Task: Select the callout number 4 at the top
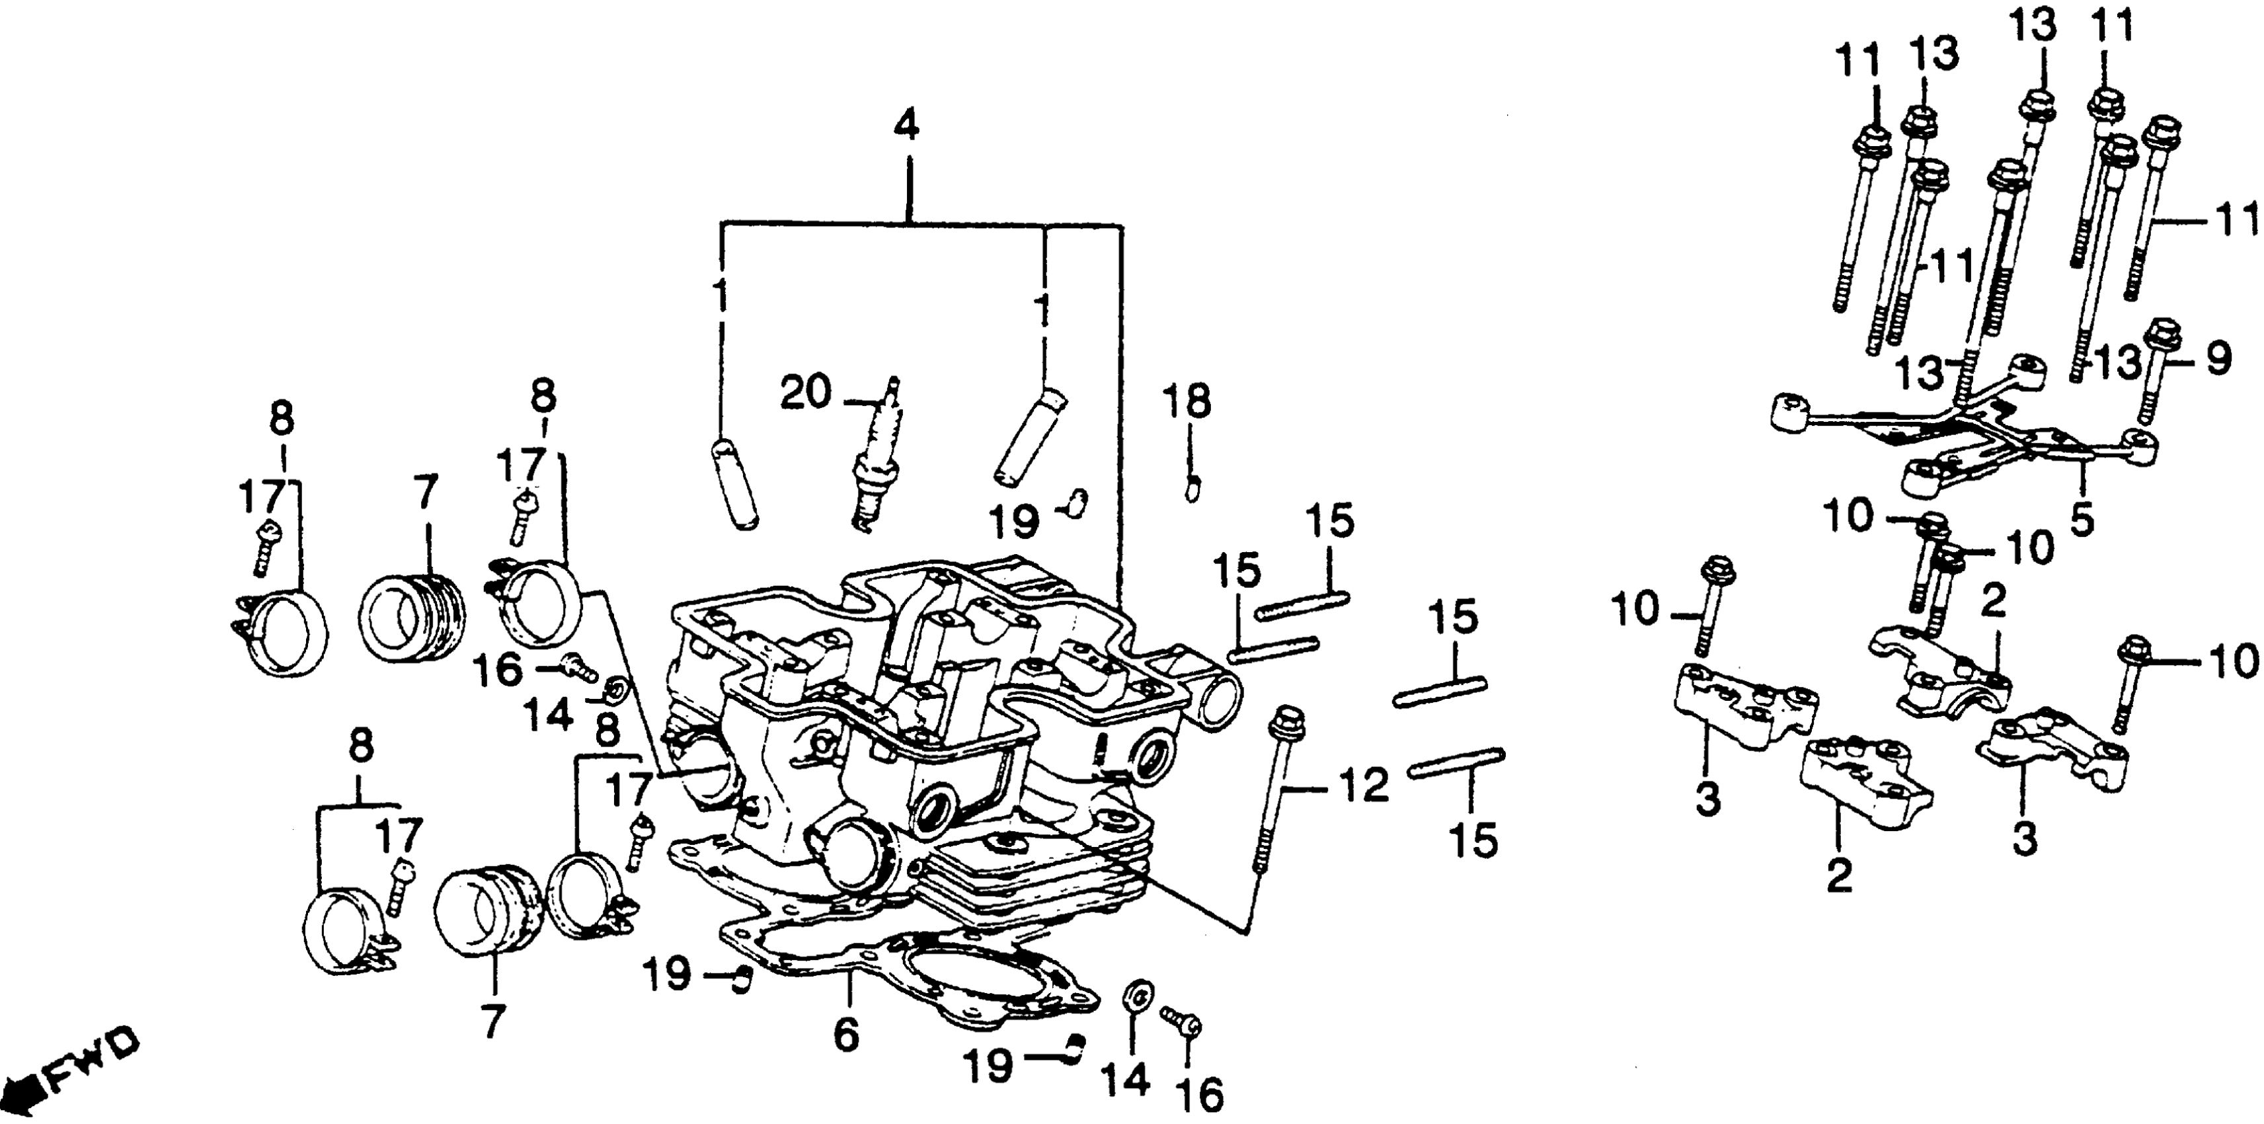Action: point(906,128)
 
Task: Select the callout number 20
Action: point(804,392)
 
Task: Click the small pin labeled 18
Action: point(1192,486)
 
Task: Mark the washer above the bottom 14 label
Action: point(1136,996)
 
